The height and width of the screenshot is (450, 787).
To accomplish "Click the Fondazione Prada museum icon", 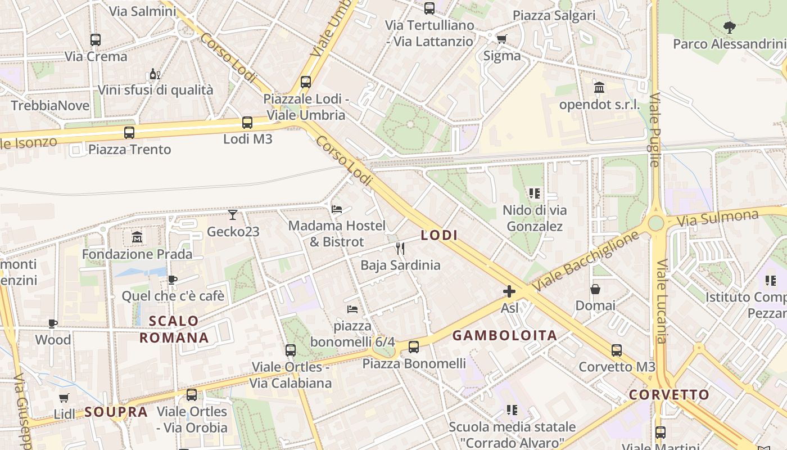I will tap(137, 237).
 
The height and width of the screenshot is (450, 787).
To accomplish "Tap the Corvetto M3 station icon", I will tap(617, 350).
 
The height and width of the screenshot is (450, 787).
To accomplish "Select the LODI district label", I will tap(439, 236).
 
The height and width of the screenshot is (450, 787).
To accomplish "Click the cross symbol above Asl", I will tap(509, 291).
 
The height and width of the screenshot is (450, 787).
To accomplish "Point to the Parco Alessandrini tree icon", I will tap(729, 26).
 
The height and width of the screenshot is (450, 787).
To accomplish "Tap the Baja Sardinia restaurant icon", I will tap(400, 248).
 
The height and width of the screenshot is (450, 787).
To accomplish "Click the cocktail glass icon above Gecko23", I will tap(233, 215).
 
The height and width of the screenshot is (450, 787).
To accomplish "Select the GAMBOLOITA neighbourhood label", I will tap(505, 336).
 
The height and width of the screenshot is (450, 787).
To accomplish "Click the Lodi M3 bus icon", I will tap(247, 123).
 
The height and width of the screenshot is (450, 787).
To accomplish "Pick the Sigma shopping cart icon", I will tap(501, 39).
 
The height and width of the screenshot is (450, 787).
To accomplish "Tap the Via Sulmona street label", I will tap(717, 218).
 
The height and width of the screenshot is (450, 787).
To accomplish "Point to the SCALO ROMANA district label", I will tap(174, 330).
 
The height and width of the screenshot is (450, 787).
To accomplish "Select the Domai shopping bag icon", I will tap(595, 289).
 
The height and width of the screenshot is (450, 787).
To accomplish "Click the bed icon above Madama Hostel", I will tap(337, 209).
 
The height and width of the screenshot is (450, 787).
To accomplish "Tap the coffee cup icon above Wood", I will tap(53, 323).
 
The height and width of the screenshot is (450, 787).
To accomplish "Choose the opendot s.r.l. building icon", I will tap(599, 88).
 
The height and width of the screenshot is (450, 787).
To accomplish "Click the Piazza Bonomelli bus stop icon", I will tap(414, 347).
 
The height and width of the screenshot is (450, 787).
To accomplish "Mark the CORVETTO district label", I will tap(669, 395).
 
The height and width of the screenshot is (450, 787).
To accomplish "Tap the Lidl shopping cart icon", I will tap(64, 398).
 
